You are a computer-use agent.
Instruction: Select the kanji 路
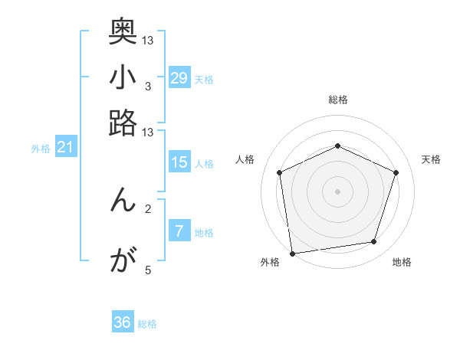tap(123, 123)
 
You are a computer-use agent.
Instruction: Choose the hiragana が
tap(123, 260)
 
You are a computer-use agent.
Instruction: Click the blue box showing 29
tap(179, 78)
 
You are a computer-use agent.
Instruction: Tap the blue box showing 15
tap(179, 162)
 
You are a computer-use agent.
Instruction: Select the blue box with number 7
tap(179, 231)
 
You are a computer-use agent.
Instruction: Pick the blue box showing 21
tap(65, 148)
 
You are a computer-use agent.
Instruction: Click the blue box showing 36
tap(123, 322)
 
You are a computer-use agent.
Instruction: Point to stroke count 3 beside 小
tap(147, 86)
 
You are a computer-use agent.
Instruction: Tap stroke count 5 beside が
tap(147, 270)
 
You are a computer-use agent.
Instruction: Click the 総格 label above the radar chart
tap(338, 100)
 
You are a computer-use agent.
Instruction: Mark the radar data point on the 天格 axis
tap(396, 172)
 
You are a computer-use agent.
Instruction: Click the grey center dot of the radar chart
tap(338, 191)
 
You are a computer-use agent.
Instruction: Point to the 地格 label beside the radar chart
tap(402, 263)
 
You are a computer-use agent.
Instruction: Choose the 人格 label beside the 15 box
tap(204, 163)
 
